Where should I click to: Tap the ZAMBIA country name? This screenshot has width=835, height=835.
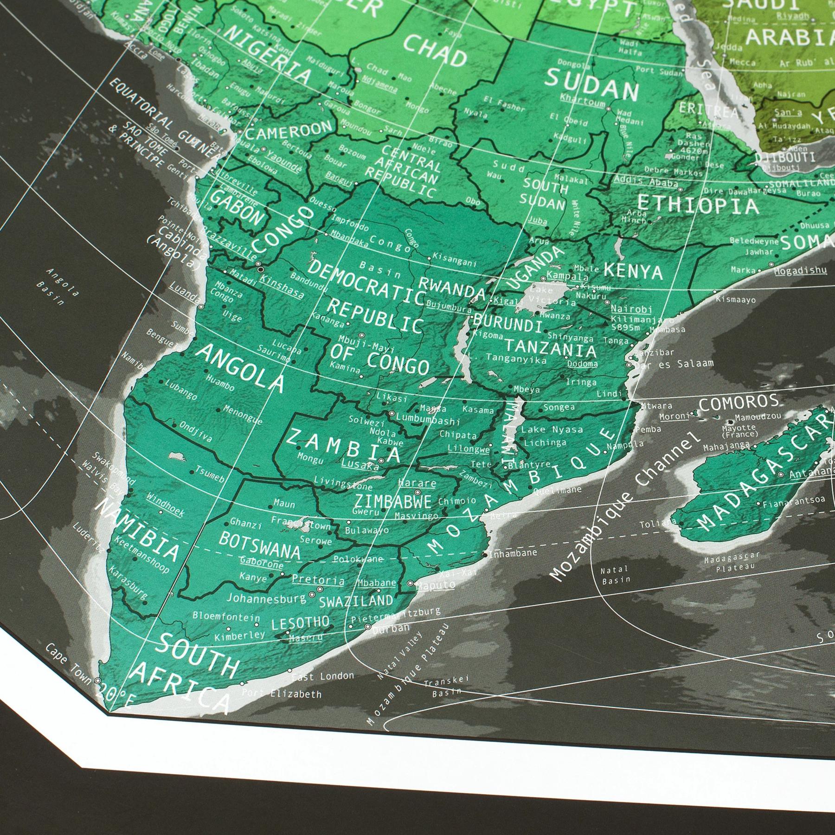click(343, 445)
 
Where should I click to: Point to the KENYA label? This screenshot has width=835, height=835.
click(633, 270)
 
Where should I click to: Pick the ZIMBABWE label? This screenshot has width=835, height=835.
click(392, 501)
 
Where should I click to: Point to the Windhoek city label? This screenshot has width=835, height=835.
click(165, 505)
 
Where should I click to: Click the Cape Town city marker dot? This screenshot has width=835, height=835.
click(97, 681)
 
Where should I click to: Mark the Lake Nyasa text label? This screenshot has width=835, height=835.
click(552, 430)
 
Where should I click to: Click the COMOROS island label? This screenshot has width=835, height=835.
click(739, 402)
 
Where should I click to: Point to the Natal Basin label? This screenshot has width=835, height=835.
click(614, 574)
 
